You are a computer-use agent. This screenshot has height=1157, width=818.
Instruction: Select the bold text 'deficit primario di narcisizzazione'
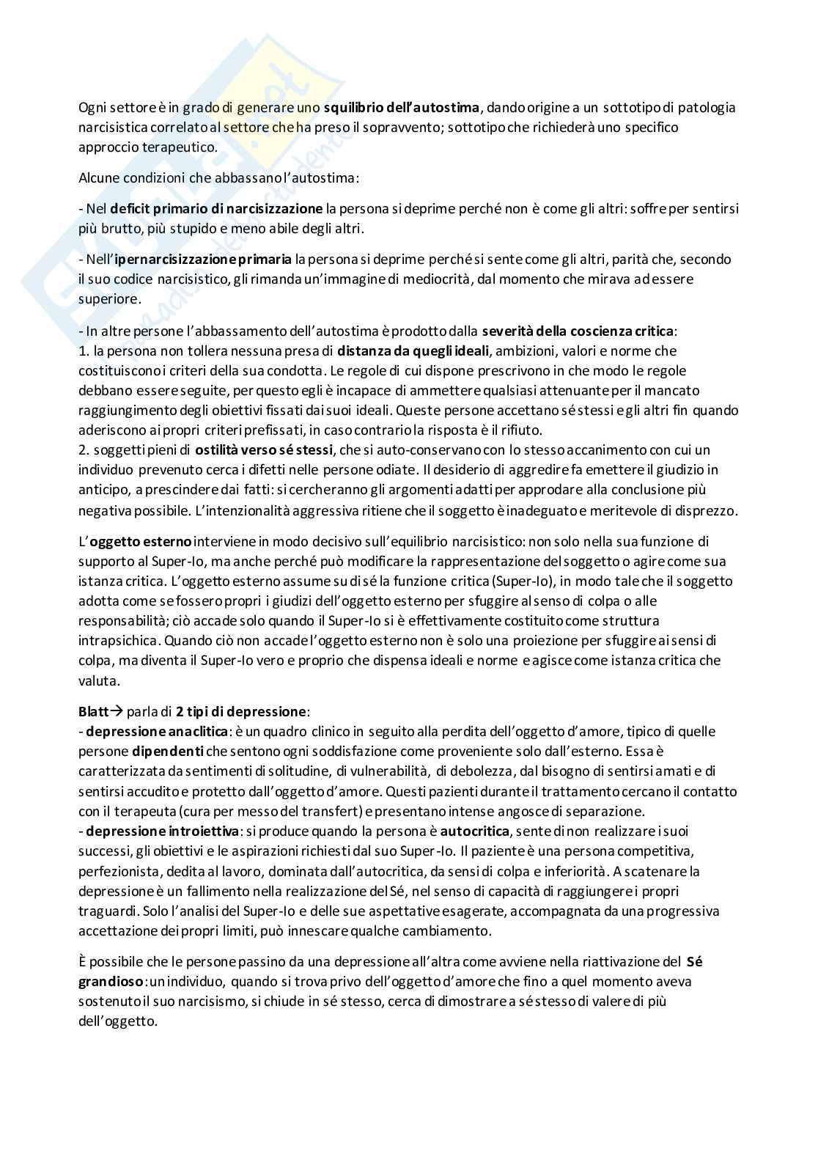pos(216,209)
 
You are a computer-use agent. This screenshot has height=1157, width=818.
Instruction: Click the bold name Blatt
pos(93,712)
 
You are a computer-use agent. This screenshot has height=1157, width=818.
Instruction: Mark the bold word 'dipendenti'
pos(168,752)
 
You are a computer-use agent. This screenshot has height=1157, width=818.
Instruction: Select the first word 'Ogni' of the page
pos(92,108)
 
